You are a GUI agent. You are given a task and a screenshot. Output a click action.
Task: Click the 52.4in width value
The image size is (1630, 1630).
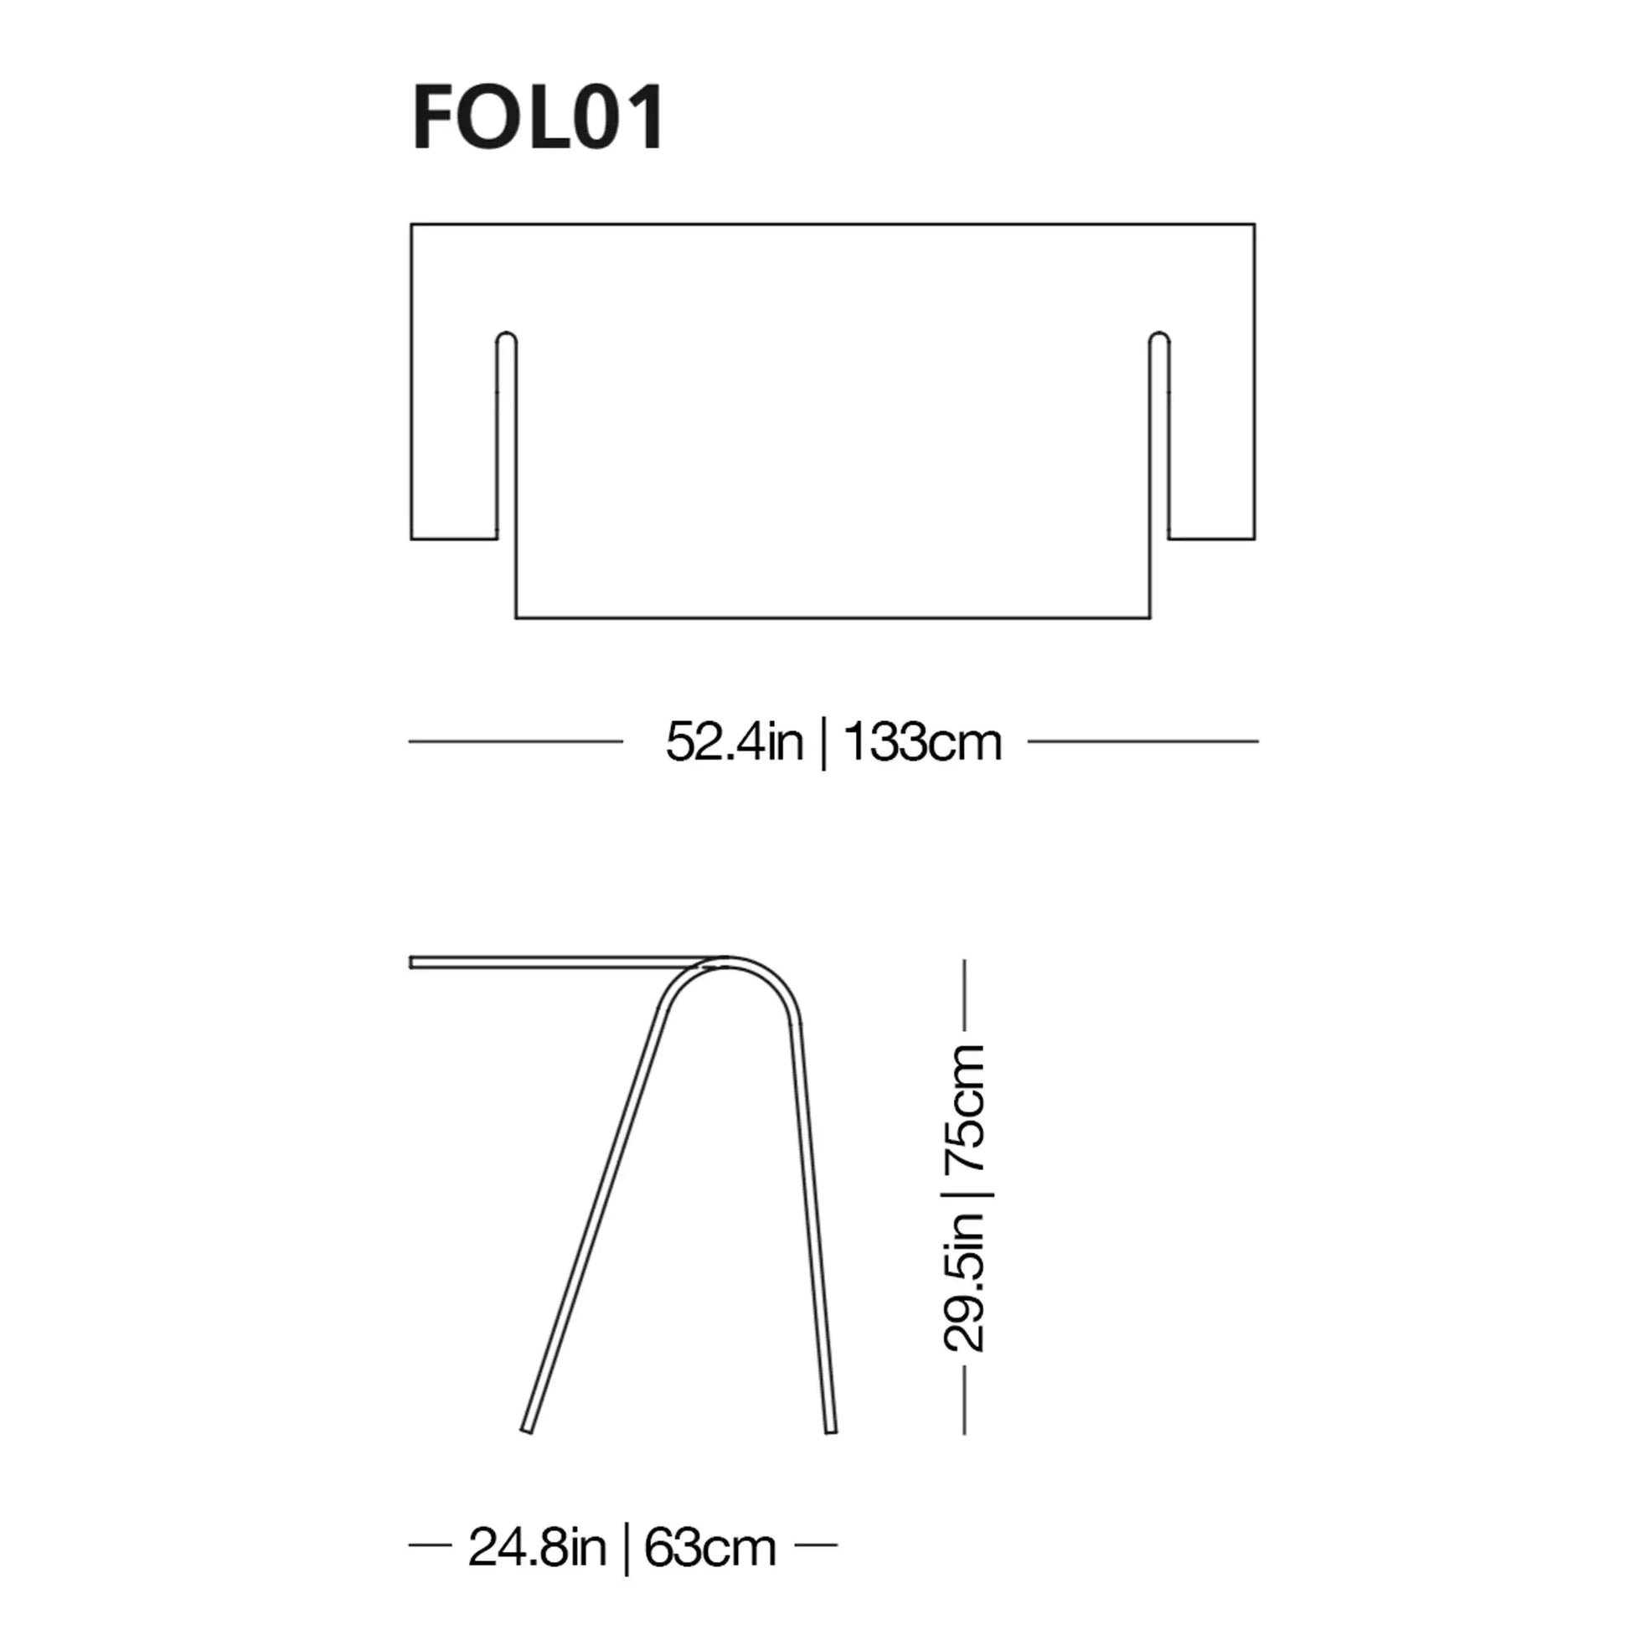(x=734, y=742)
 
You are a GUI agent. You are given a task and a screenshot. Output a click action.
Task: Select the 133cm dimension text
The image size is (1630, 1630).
(x=922, y=742)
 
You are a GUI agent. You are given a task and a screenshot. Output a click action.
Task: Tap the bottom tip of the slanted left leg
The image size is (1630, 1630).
(x=527, y=1431)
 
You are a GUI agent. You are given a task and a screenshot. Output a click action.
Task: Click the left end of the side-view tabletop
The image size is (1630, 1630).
(x=413, y=962)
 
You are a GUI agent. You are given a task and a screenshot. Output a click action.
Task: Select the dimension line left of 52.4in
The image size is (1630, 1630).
(x=515, y=741)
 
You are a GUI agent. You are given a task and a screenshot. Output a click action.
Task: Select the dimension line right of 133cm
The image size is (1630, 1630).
(x=1143, y=741)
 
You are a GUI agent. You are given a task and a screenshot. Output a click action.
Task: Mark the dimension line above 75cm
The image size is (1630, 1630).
(x=964, y=996)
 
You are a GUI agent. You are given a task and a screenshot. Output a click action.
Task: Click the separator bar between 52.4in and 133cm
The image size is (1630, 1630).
(x=823, y=742)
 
